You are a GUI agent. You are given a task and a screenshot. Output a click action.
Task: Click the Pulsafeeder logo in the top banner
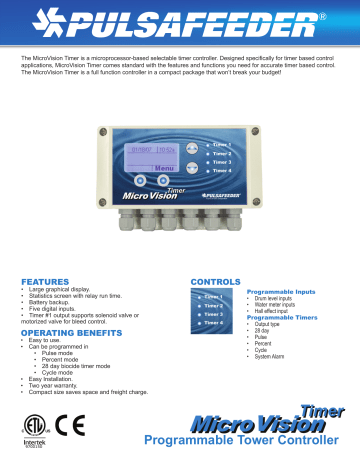coord(180,23)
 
